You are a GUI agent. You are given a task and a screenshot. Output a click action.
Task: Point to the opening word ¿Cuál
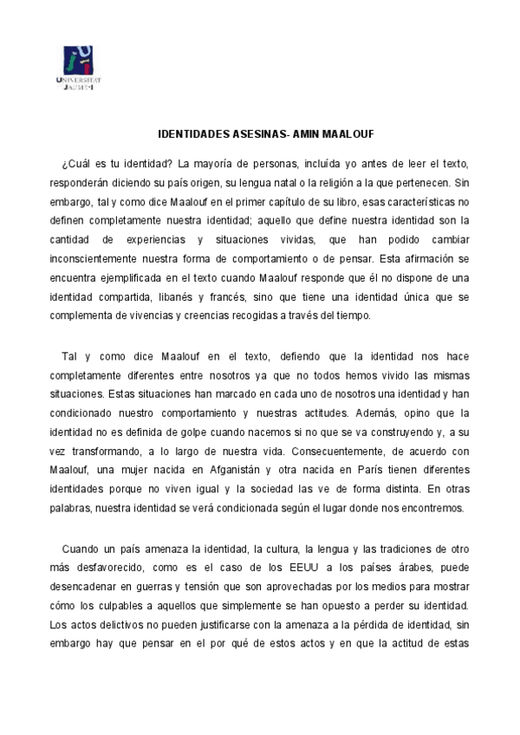(75, 163)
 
